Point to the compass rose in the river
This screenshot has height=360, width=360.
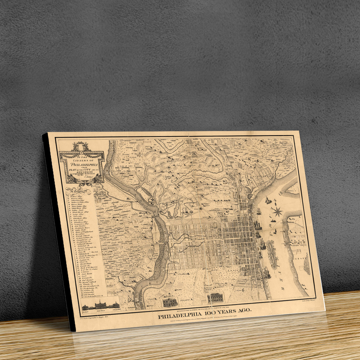click(x=277, y=212)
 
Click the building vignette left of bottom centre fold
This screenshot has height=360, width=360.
click(x=171, y=301)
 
